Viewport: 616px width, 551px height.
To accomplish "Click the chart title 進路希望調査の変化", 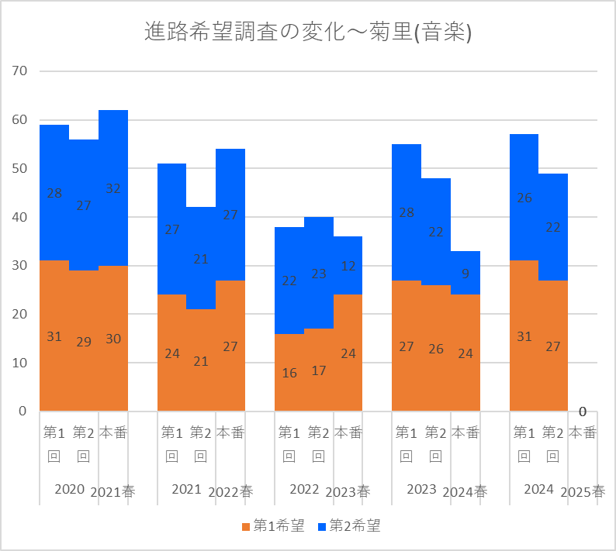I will (308, 33).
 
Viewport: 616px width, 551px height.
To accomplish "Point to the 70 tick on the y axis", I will (19, 71).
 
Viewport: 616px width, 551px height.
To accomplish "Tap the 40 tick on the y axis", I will (19, 217).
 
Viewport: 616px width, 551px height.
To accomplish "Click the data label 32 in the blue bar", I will (113, 188).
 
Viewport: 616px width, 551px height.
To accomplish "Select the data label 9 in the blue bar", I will (465, 273).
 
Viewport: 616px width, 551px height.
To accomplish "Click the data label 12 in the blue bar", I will (348, 266).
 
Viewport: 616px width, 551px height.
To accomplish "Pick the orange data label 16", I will (289, 373).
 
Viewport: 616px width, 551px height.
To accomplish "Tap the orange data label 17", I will (318, 370).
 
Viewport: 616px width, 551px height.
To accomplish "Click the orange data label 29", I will (84, 341).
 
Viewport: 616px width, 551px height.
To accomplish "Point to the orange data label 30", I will (113, 339).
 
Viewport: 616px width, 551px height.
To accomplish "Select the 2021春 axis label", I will (112, 491).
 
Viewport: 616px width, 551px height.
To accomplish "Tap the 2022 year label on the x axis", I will (304, 489).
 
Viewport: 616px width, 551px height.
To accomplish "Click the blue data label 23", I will (318, 273).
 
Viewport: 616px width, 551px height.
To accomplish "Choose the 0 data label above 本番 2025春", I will (582, 412).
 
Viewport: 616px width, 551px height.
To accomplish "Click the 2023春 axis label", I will (348, 491).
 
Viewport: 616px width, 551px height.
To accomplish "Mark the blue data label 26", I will (524, 198).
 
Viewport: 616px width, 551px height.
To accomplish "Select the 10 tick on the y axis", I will (19, 363).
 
